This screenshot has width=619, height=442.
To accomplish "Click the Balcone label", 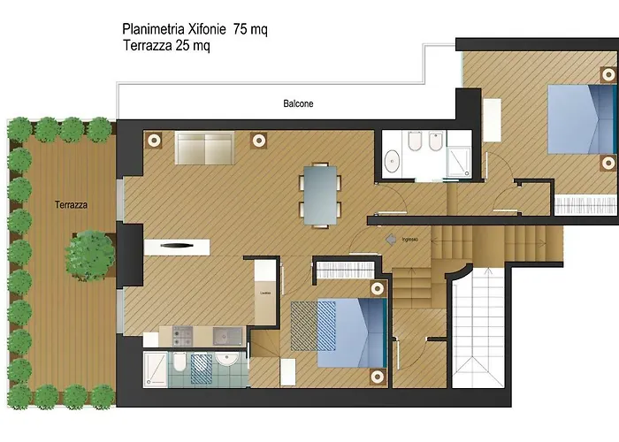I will (298, 103).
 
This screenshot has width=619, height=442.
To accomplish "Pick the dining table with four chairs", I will (321, 193).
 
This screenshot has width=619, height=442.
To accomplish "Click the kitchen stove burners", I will (183, 335).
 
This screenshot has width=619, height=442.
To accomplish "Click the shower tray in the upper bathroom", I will (458, 158).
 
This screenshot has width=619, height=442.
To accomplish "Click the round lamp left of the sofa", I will (154, 139).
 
